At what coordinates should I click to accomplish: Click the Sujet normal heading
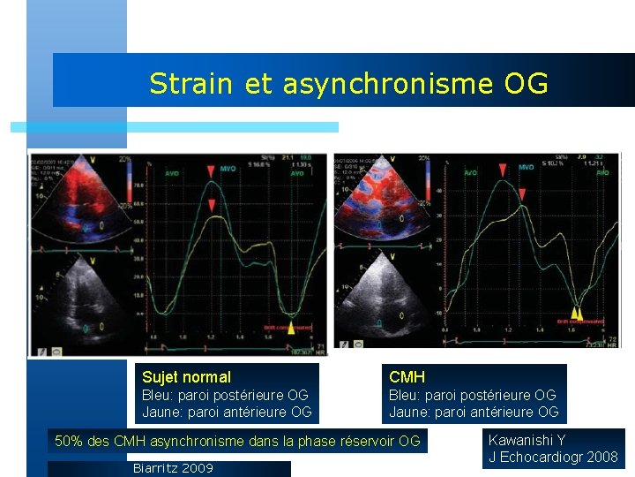186,377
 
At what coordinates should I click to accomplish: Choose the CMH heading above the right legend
407,377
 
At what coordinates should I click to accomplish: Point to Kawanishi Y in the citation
527,440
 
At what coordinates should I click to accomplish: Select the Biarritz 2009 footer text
172,468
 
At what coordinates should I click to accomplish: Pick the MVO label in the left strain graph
228,174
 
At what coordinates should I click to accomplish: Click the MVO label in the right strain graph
526,167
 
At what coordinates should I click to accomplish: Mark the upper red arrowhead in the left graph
213,170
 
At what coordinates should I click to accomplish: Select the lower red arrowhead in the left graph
212,206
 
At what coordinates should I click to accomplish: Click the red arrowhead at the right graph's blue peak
503,168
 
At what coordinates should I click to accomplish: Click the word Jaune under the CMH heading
409,412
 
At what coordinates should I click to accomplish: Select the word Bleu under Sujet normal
158,395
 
